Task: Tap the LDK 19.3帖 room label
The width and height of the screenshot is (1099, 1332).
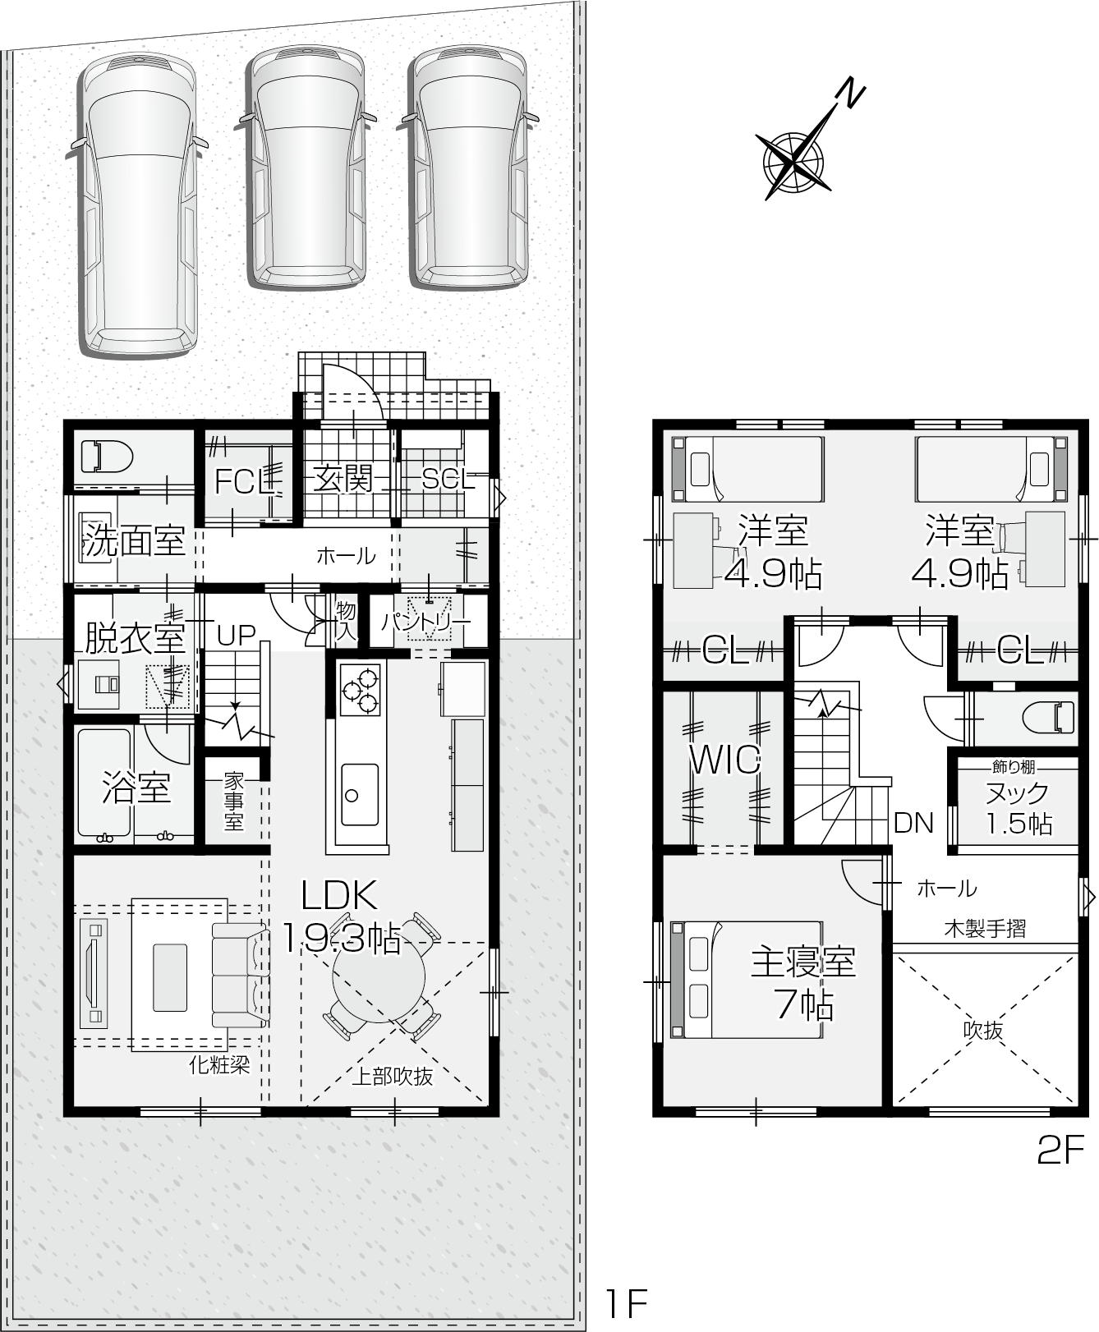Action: pos(340,916)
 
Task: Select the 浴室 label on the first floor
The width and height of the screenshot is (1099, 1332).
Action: pos(136,787)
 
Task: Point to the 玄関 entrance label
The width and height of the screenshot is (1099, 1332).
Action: pos(343,479)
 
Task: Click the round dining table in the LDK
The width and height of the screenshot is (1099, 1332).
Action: pos(379,977)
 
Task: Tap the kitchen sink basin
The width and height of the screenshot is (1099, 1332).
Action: pos(360,794)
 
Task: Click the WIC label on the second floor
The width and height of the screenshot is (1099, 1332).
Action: pos(725,760)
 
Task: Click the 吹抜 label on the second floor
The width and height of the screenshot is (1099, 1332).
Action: pos(984,1030)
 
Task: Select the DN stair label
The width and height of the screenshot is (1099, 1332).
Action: pos(913,822)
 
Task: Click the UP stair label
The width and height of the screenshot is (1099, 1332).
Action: pos(237,634)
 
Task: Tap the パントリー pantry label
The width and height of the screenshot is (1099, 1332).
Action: pos(426,622)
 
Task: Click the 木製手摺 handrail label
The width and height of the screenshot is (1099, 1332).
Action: pos(985,929)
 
